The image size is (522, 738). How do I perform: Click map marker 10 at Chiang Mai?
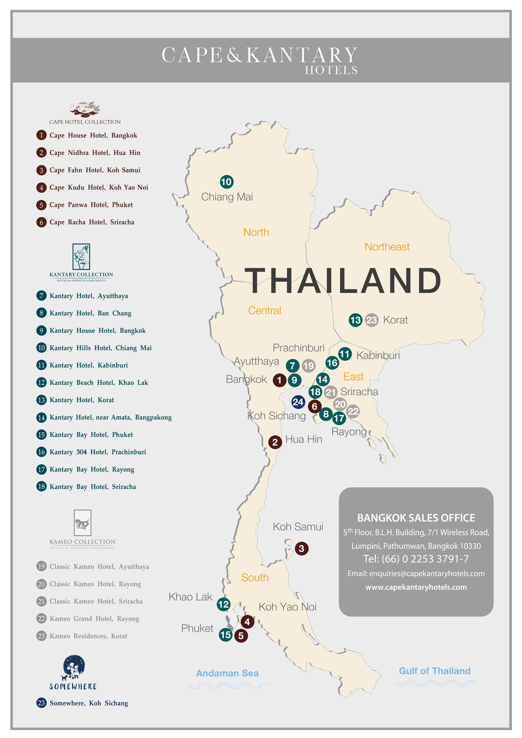pos(227,182)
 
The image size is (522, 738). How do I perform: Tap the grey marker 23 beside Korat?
pos(372,320)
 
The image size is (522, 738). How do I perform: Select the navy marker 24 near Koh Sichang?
pos(298,402)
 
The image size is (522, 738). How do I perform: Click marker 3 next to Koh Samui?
pos(301,548)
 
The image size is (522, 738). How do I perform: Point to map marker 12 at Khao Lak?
pos(223,604)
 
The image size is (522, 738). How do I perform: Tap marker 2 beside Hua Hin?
pos(275,442)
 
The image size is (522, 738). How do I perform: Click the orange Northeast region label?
pos(387,247)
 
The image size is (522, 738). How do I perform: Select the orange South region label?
pos(255,577)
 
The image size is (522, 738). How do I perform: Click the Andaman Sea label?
pos(227,673)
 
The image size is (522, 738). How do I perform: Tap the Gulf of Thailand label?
pos(434,671)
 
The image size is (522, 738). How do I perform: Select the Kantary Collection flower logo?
pos(81,257)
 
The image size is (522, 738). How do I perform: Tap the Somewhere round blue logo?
pos(74,667)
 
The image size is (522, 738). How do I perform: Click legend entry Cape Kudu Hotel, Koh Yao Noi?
pos(98,187)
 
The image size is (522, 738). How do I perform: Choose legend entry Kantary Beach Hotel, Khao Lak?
pos(98,383)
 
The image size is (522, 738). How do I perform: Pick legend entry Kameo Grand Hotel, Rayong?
pos(94,618)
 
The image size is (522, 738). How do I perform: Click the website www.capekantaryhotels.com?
pos(416,587)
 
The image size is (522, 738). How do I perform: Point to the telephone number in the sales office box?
pos(416,559)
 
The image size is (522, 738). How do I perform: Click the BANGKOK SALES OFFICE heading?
pos(416,518)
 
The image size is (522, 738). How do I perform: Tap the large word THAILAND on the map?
pos(343,280)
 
